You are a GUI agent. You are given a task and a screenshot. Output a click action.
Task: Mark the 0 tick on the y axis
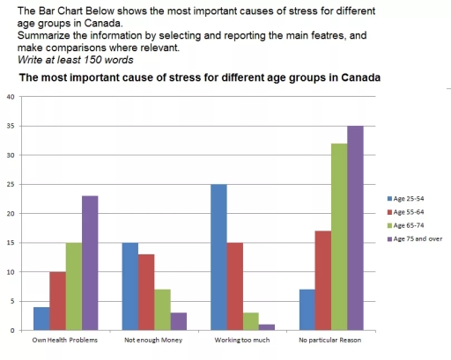[12, 330]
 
